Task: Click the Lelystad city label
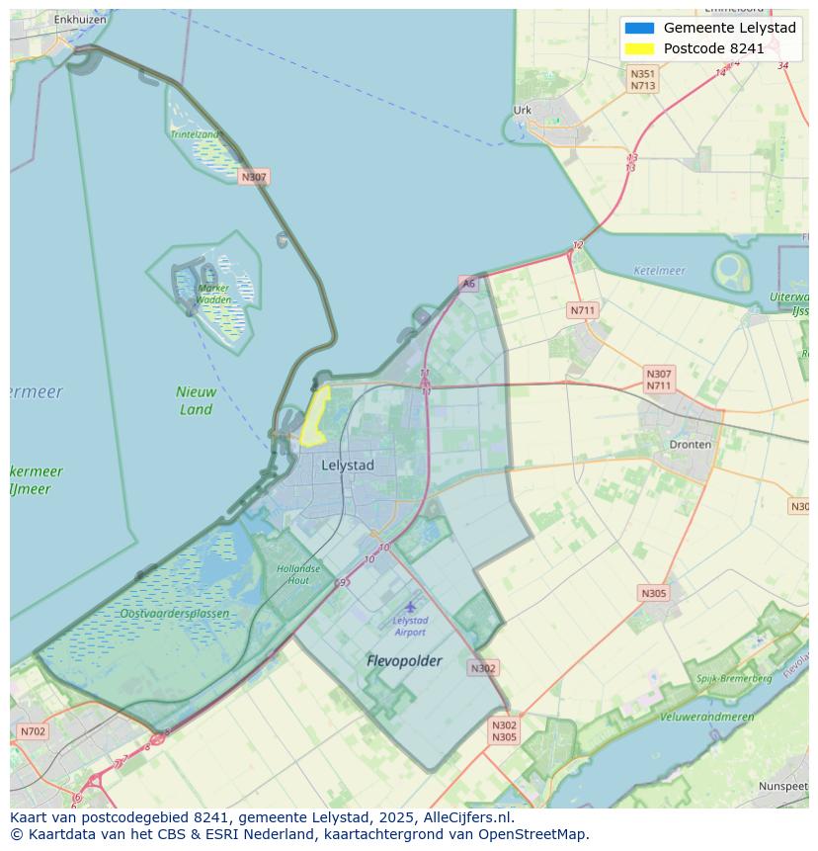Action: (348, 465)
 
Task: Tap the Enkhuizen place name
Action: (79, 19)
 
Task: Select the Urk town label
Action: (523, 110)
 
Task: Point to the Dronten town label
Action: (690, 444)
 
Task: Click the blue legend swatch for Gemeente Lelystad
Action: (639, 28)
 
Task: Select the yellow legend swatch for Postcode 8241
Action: (639, 48)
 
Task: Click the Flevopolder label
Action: (404, 660)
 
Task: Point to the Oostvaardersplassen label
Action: (174, 613)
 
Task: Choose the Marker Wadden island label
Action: (212, 294)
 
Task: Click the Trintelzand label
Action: (195, 133)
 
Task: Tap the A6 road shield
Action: (468, 284)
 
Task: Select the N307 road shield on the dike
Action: (254, 177)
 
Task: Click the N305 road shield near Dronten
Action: (653, 593)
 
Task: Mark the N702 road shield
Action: (33, 731)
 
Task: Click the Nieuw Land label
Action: (196, 400)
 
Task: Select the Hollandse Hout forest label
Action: (298, 574)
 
